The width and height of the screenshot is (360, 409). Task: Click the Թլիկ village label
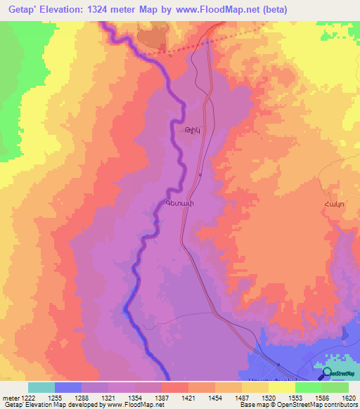[185, 131]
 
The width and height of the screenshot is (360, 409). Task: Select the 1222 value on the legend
[27, 399]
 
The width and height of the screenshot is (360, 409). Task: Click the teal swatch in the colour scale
[41, 387]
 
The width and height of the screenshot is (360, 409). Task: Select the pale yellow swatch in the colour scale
[281, 387]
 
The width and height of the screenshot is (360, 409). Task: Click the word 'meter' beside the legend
[9, 399]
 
